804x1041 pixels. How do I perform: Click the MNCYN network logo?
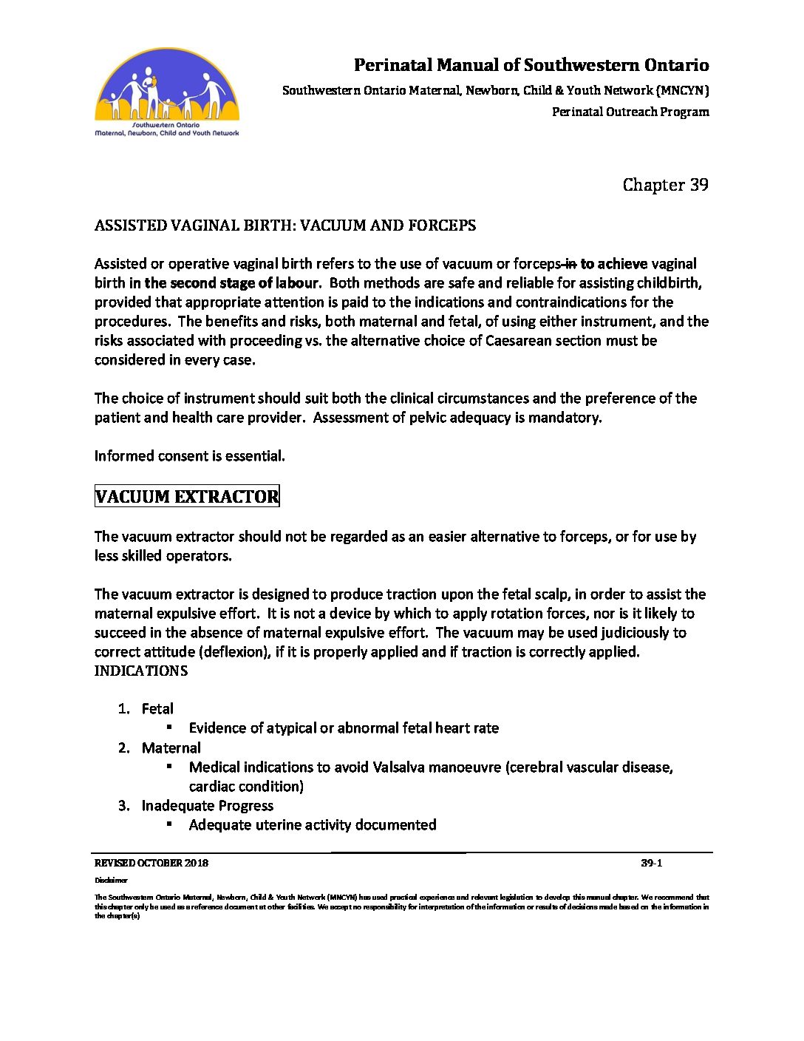click(x=167, y=92)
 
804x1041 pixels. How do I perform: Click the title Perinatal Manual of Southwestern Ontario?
click(x=531, y=65)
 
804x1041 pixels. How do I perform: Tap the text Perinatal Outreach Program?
click(x=630, y=112)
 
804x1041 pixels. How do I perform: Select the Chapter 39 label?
click(x=665, y=185)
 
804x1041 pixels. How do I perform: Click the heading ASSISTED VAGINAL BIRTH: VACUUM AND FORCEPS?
click(x=285, y=226)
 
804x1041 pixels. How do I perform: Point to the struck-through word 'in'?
click(x=570, y=264)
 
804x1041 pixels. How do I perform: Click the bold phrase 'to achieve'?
click(x=613, y=264)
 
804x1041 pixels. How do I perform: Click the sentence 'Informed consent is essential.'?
click(x=189, y=456)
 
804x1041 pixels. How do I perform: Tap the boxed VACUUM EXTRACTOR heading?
click(x=187, y=496)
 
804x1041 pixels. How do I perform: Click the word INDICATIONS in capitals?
click(x=140, y=671)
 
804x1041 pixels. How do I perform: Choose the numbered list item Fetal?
click(x=157, y=709)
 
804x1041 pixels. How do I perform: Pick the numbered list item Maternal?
click(x=171, y=748)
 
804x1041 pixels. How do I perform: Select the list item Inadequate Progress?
click(x=207, y=806)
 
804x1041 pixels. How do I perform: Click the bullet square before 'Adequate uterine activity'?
click(x=169, y=824)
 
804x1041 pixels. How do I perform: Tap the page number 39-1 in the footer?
click(x=651, y=863)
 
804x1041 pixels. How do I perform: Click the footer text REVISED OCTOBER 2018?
click(x=151, y=863)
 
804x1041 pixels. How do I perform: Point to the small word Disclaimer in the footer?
click(x=111, y=881)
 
